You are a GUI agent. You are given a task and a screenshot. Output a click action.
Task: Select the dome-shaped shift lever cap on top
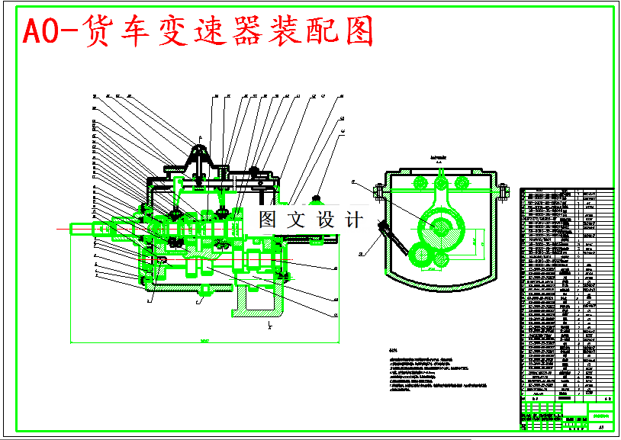[x=199, y=152]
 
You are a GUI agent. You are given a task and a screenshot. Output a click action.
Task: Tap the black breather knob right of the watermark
[x=315, y=200]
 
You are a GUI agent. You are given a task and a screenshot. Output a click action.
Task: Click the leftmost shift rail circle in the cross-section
[x=419, y=183]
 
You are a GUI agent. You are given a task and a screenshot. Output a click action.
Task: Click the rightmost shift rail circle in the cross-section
[x=462, y=183]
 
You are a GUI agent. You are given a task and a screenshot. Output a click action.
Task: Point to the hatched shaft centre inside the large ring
[x=440, y=226]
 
